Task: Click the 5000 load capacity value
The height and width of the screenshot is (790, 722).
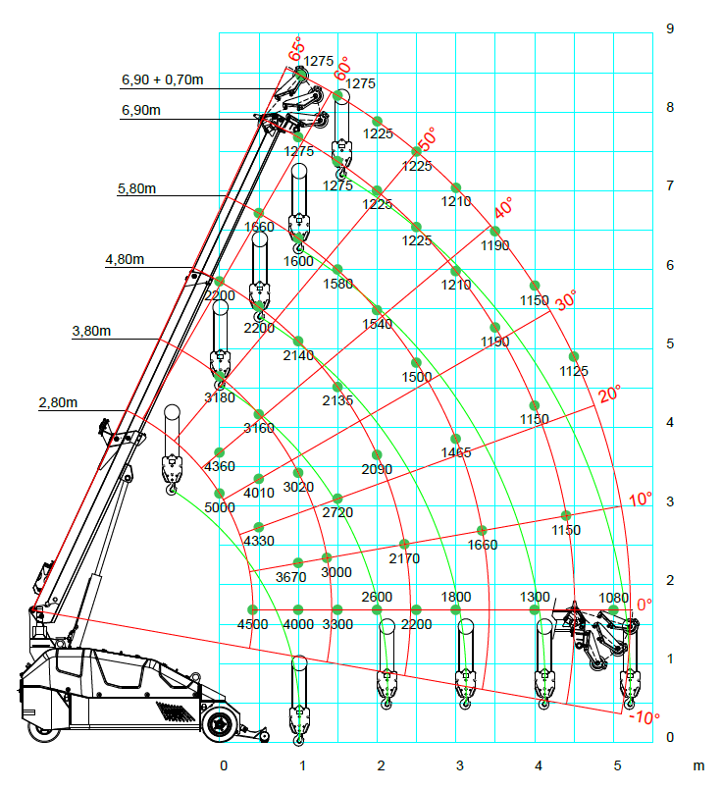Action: (220, 507)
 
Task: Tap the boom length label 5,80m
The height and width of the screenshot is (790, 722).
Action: (136, 188)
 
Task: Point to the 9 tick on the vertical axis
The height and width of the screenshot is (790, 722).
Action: (669, 29)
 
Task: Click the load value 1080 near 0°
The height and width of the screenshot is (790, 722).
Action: (613, 597)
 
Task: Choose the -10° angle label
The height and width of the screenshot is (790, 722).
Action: (642, 717)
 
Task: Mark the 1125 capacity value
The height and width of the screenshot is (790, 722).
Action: (574, 371)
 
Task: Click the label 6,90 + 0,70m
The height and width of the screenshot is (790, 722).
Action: (163, 79)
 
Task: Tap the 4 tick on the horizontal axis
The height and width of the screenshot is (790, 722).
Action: (539, 765)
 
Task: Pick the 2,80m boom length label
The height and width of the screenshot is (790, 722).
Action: (58, 402)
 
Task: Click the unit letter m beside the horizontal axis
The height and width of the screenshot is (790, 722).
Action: (699, 765)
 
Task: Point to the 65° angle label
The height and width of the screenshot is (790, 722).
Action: (296, 47)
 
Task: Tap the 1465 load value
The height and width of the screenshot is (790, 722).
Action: (456, 452)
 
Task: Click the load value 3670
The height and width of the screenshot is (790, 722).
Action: (291, 577)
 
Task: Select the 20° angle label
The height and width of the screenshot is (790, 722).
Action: (610, 395)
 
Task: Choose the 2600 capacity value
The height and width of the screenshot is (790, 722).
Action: (377, 597)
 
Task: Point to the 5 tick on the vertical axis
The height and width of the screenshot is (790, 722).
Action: (669, 344)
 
